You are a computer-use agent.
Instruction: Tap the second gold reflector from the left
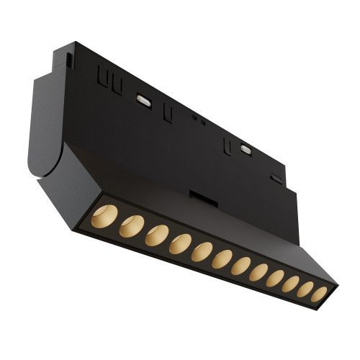131,226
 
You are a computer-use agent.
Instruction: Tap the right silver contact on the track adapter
246,150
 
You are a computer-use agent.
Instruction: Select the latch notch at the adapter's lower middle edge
199,195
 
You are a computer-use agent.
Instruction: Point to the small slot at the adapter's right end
276,178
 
